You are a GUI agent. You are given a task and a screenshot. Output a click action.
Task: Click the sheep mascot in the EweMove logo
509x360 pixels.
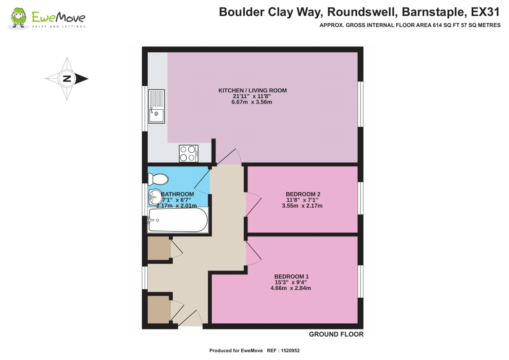(x=18, y=18)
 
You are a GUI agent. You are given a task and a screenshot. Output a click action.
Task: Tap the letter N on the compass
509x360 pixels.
(x=67, y=79)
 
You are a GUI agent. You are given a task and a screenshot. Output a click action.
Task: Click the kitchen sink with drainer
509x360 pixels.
(x=156, y=106)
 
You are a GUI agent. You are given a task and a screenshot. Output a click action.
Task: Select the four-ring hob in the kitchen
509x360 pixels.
(x=188, y=153)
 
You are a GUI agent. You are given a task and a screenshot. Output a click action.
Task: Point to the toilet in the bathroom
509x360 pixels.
(x=158, y=179)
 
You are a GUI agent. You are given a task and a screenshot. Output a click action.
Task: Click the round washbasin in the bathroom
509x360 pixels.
(x=154, y=197)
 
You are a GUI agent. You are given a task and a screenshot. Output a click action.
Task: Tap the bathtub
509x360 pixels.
(x=178, y=220)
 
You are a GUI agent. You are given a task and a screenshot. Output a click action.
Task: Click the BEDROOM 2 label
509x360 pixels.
(x=303, y=194)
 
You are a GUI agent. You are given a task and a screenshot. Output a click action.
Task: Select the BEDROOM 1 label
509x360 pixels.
(x=291, y=277)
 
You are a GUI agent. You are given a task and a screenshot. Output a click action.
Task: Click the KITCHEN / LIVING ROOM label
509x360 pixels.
(x=252, y=91)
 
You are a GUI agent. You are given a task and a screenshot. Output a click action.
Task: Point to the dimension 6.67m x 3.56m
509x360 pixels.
(x=251, y=102)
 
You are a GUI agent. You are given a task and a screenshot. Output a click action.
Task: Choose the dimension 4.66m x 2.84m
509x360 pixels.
(x=290, y=288)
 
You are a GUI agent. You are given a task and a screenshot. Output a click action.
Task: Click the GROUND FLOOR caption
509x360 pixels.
(x=336, y=334)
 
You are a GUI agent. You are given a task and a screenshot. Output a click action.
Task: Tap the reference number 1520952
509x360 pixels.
(x=290, y=351)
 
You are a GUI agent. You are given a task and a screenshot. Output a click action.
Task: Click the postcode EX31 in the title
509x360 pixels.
(x=485, y=12)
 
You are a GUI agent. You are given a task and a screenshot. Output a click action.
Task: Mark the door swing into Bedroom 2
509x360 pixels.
(x=253, y=204)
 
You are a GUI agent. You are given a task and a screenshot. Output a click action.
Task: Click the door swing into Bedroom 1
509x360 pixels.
(x=253, y=253)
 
